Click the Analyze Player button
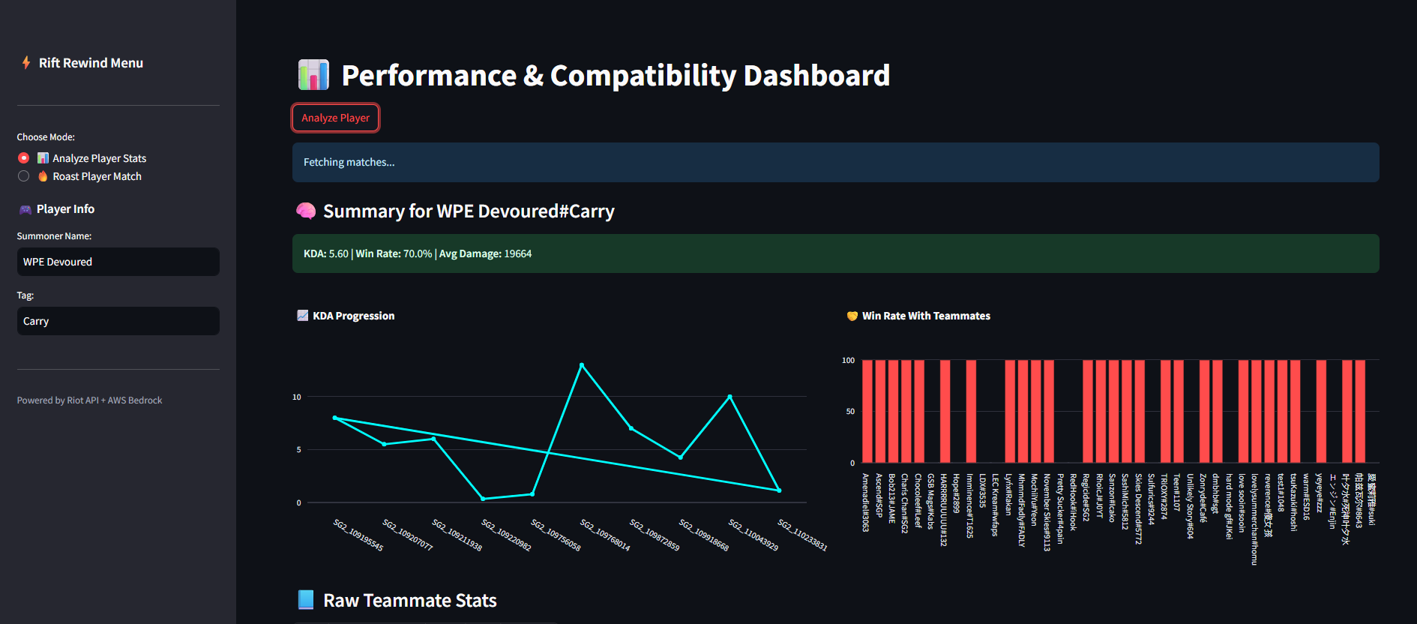335,118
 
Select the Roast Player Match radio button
24,176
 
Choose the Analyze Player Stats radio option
24,158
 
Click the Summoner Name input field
118,262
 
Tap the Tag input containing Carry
118,321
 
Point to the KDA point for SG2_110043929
729,397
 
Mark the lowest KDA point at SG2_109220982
483,499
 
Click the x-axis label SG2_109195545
358,535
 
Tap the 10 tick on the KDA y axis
297,397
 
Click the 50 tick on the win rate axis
850,412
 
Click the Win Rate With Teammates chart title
926,316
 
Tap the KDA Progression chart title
353,316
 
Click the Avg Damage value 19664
517,253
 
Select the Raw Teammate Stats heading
409,601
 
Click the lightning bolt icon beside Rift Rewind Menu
26,63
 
